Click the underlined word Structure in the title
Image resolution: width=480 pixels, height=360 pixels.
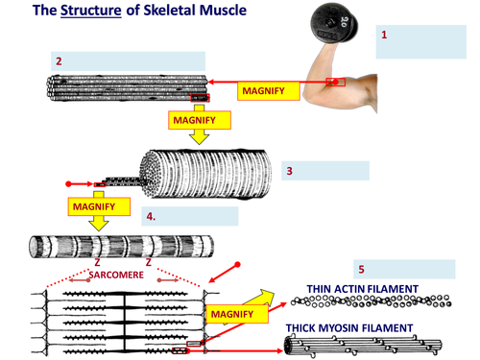pyautogui.click(x=91, y=11)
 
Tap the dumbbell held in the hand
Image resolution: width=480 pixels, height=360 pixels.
pyautogui.click(x=334, y=23)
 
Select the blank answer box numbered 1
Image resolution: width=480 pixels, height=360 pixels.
pyautogui.click(x=421, y=42)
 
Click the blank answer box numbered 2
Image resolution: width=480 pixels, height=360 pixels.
pyautogui.click(x=128, y=61)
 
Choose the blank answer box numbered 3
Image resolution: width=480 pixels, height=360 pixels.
pyautogui.click(x=325, y=171)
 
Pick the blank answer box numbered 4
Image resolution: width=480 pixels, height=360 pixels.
pyautogui.click(x=190, y=216)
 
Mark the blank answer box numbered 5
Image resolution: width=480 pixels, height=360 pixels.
pyautogui.click(x=404, y=269)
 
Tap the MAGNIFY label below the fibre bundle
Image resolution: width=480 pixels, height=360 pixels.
pyautogui.click(x=200, y=120)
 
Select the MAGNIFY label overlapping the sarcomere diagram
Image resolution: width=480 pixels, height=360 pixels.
pyautogui.click(x=237, y=314)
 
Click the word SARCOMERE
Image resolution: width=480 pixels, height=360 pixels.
pyautogui.click(x=116, y=275)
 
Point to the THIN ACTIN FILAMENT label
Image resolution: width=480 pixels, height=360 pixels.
pyautogui.click(x=363, y=289)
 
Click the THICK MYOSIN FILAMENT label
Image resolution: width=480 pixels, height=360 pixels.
pyautogui.click(x=349, y=328)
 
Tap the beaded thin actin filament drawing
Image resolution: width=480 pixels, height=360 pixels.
pyautogui.click(x=372, y=301)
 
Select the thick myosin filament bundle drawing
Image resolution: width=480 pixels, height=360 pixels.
pyautogui.click(x=363, y=346)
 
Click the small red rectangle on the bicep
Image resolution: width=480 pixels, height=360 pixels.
pyautogui.click(x=336, y=83)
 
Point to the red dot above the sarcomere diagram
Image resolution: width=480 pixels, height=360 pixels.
pyautogui.click(x=237, y=264)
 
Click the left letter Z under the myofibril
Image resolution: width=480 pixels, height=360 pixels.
pyautogui.click(x=97, y=263)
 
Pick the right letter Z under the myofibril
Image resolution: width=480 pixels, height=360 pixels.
pyautogui.click(x=149, y=263)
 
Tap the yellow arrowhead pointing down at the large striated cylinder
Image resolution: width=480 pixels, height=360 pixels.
pyautogui.click(x=199, y=138)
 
